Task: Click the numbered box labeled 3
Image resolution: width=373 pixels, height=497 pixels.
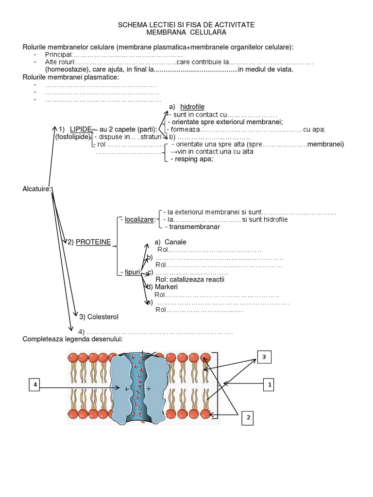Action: [x=264, y=357]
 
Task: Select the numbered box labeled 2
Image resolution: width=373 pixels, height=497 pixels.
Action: [x=248, y=417]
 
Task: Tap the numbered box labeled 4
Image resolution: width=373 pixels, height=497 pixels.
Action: [x=34, y=385]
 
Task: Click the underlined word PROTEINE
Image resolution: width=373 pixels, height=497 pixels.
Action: [x=93, y=242]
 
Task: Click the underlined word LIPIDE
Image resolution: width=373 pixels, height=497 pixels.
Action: [x=80, y=129]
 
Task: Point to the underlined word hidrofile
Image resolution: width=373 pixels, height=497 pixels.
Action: [x=192, y=107]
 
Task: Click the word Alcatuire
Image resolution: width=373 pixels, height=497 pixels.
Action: [x=37, y=189]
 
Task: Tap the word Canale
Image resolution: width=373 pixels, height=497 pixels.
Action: [x=175, y=242]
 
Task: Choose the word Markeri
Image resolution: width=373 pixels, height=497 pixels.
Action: [x=166, y=287]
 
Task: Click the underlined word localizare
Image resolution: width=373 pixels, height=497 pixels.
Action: [x=139, y=220]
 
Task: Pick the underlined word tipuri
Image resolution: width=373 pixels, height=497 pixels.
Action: [x=132, y=272]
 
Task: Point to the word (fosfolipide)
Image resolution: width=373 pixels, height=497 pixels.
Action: [x=72, y=136]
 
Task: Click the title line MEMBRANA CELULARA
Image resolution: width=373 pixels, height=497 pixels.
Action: [x=186, y=32]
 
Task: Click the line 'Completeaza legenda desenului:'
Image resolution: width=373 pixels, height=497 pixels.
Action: [x=73, y=339]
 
